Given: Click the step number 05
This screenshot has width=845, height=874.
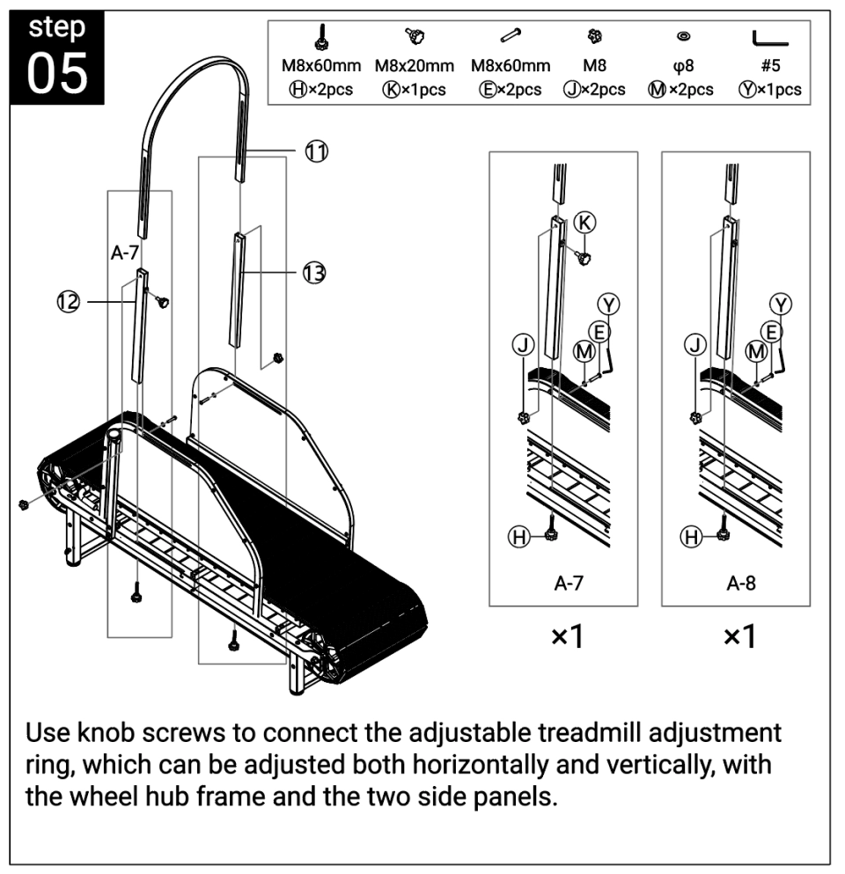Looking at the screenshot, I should coord(57,74).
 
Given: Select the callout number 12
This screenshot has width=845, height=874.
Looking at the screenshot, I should coord(68,302).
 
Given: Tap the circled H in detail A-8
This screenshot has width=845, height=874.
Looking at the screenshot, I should coord(694,537).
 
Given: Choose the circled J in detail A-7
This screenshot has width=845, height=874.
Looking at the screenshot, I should coord(523,346).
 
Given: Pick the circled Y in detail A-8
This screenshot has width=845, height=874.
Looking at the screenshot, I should coord(780,304).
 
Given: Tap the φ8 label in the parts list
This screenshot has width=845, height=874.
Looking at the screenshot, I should coord(682,66).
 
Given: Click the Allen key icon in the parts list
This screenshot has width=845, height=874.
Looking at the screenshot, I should coord(769,39).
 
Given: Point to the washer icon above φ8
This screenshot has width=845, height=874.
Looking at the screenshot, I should coord(682,37).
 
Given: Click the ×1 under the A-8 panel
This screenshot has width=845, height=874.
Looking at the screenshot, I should coord(738,636).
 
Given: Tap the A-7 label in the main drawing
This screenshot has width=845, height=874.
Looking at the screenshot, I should coord(125,253).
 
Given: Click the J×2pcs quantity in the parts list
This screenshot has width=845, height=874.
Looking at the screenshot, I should coord(593,89).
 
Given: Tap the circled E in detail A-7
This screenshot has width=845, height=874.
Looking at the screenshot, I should coord(599,332).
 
